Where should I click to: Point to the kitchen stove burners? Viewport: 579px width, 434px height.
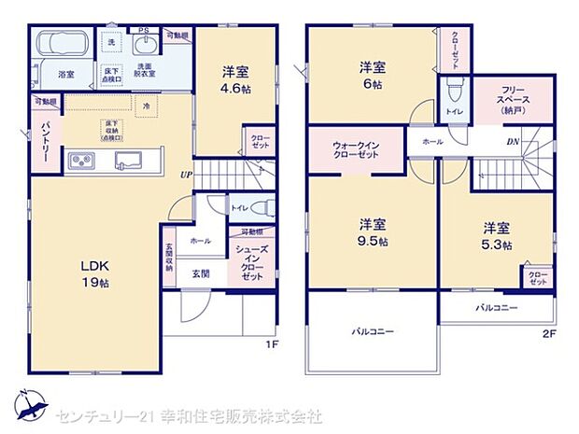81,161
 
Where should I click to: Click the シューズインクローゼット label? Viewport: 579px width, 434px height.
252,264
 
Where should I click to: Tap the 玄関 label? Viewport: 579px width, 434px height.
201,273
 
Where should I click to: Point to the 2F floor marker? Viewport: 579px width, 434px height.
549,332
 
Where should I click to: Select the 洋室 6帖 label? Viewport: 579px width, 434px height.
374,74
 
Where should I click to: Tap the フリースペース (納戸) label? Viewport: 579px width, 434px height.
495,99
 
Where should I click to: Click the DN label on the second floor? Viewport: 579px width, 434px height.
513,143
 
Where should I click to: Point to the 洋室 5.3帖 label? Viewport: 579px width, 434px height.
496,233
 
